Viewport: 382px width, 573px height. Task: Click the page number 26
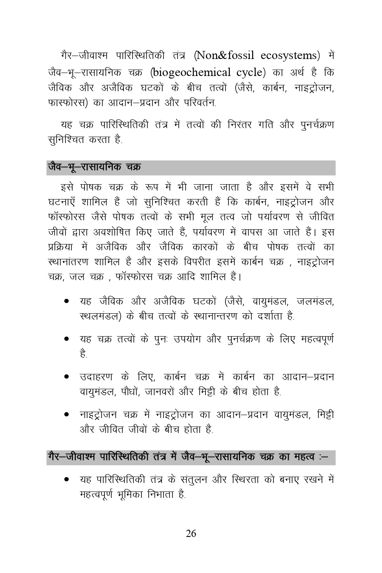pos(191,534)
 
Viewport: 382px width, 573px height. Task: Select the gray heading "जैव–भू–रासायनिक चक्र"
pos(94,167)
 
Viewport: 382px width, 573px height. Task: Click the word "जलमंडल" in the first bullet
pos(316,302)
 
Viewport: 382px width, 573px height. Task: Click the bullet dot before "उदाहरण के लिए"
pos(67,377)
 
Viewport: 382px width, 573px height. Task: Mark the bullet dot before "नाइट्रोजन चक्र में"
pos(67,415)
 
